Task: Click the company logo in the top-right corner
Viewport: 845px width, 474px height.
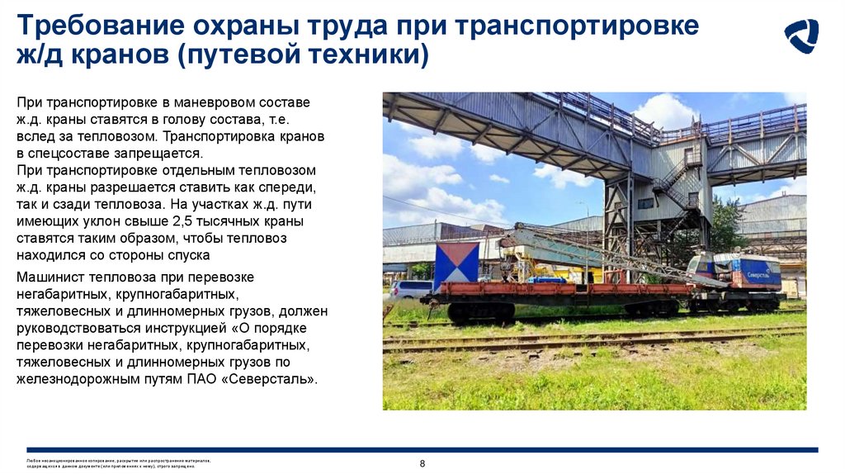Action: coord(800,36)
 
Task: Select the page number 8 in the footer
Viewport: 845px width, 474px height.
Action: coord(422,463)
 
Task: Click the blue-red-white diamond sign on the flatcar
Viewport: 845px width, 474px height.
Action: coord(456,264)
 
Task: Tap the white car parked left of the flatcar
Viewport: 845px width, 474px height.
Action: coord(410,289)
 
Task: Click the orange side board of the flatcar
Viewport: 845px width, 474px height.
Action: coord(561,289)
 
